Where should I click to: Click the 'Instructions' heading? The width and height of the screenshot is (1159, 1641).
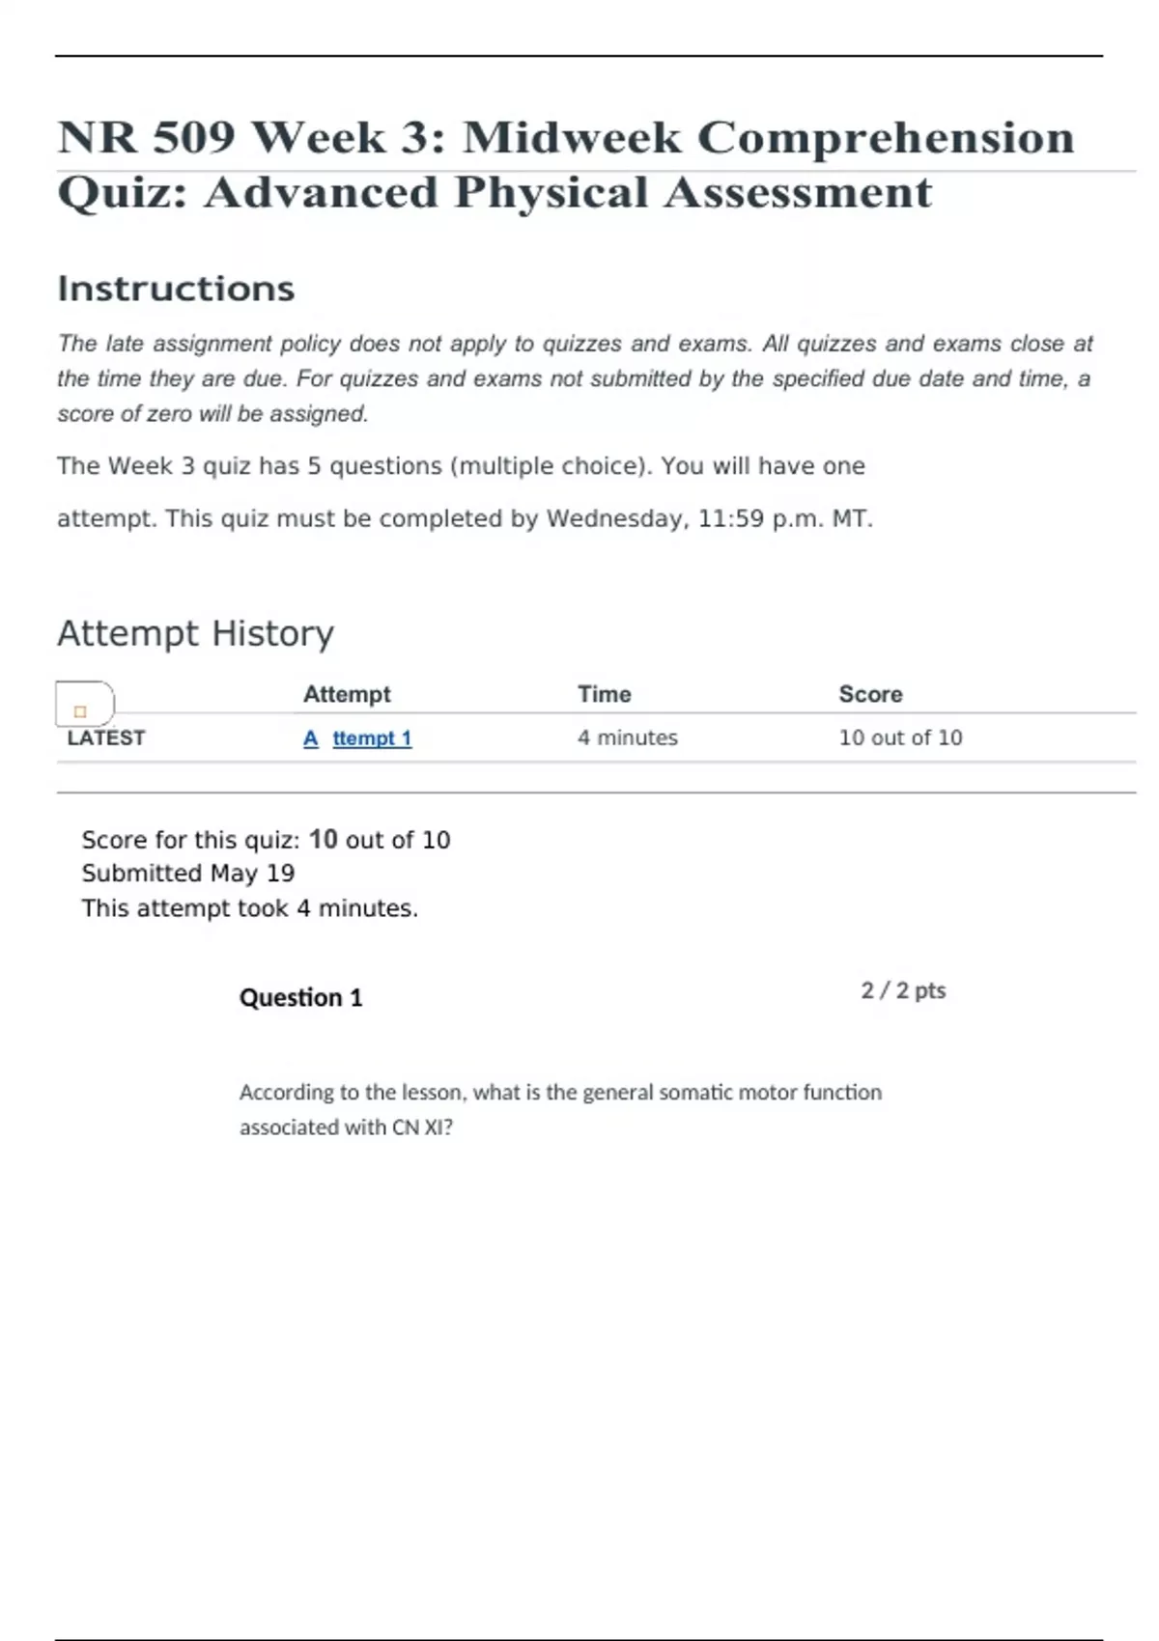pos(176,289)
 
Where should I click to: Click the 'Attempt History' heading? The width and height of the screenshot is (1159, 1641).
pos(195,633)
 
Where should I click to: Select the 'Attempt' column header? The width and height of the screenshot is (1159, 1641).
pos(347,694)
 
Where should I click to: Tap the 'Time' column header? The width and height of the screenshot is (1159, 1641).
pos(604,694)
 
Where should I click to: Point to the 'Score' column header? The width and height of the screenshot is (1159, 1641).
pos(870,694)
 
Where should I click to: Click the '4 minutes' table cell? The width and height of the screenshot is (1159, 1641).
pos(628,737)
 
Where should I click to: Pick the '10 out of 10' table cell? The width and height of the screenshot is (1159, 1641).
pos(900,737)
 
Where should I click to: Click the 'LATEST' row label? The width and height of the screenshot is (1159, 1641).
pos(106,738)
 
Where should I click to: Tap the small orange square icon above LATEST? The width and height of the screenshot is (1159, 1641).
pos(80,711)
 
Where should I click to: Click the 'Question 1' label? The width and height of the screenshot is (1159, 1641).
pos(300,997)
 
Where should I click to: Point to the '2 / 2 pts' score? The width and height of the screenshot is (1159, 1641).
pos(903,990)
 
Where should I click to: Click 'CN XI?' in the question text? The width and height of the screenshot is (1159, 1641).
pos(422,1127)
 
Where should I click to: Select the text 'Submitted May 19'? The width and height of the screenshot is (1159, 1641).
pos(188,874)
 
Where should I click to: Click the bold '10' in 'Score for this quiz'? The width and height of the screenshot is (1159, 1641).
pos(324,840)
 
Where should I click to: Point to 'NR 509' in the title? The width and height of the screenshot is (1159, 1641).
pos(146,137)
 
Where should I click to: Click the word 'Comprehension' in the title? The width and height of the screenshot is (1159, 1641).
pos(885,137)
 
